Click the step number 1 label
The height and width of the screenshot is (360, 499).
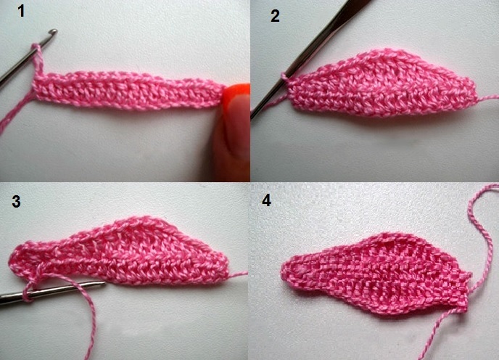pos(21,12)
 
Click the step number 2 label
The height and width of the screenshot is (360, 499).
pos(275,16)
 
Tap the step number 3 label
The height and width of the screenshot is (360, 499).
pos(16,201)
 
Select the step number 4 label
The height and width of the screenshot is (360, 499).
pos(266,200)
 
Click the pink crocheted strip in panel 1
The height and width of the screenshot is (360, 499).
pos(128,90)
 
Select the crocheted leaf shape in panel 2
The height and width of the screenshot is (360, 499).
pos(382,83)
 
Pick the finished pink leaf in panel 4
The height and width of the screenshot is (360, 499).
pos(376,274)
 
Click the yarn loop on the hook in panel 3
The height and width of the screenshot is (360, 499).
pos(28,292)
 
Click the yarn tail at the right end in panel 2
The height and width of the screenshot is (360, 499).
pos(487,99)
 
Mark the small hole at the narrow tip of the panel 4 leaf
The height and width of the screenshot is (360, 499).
pos(299,270)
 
